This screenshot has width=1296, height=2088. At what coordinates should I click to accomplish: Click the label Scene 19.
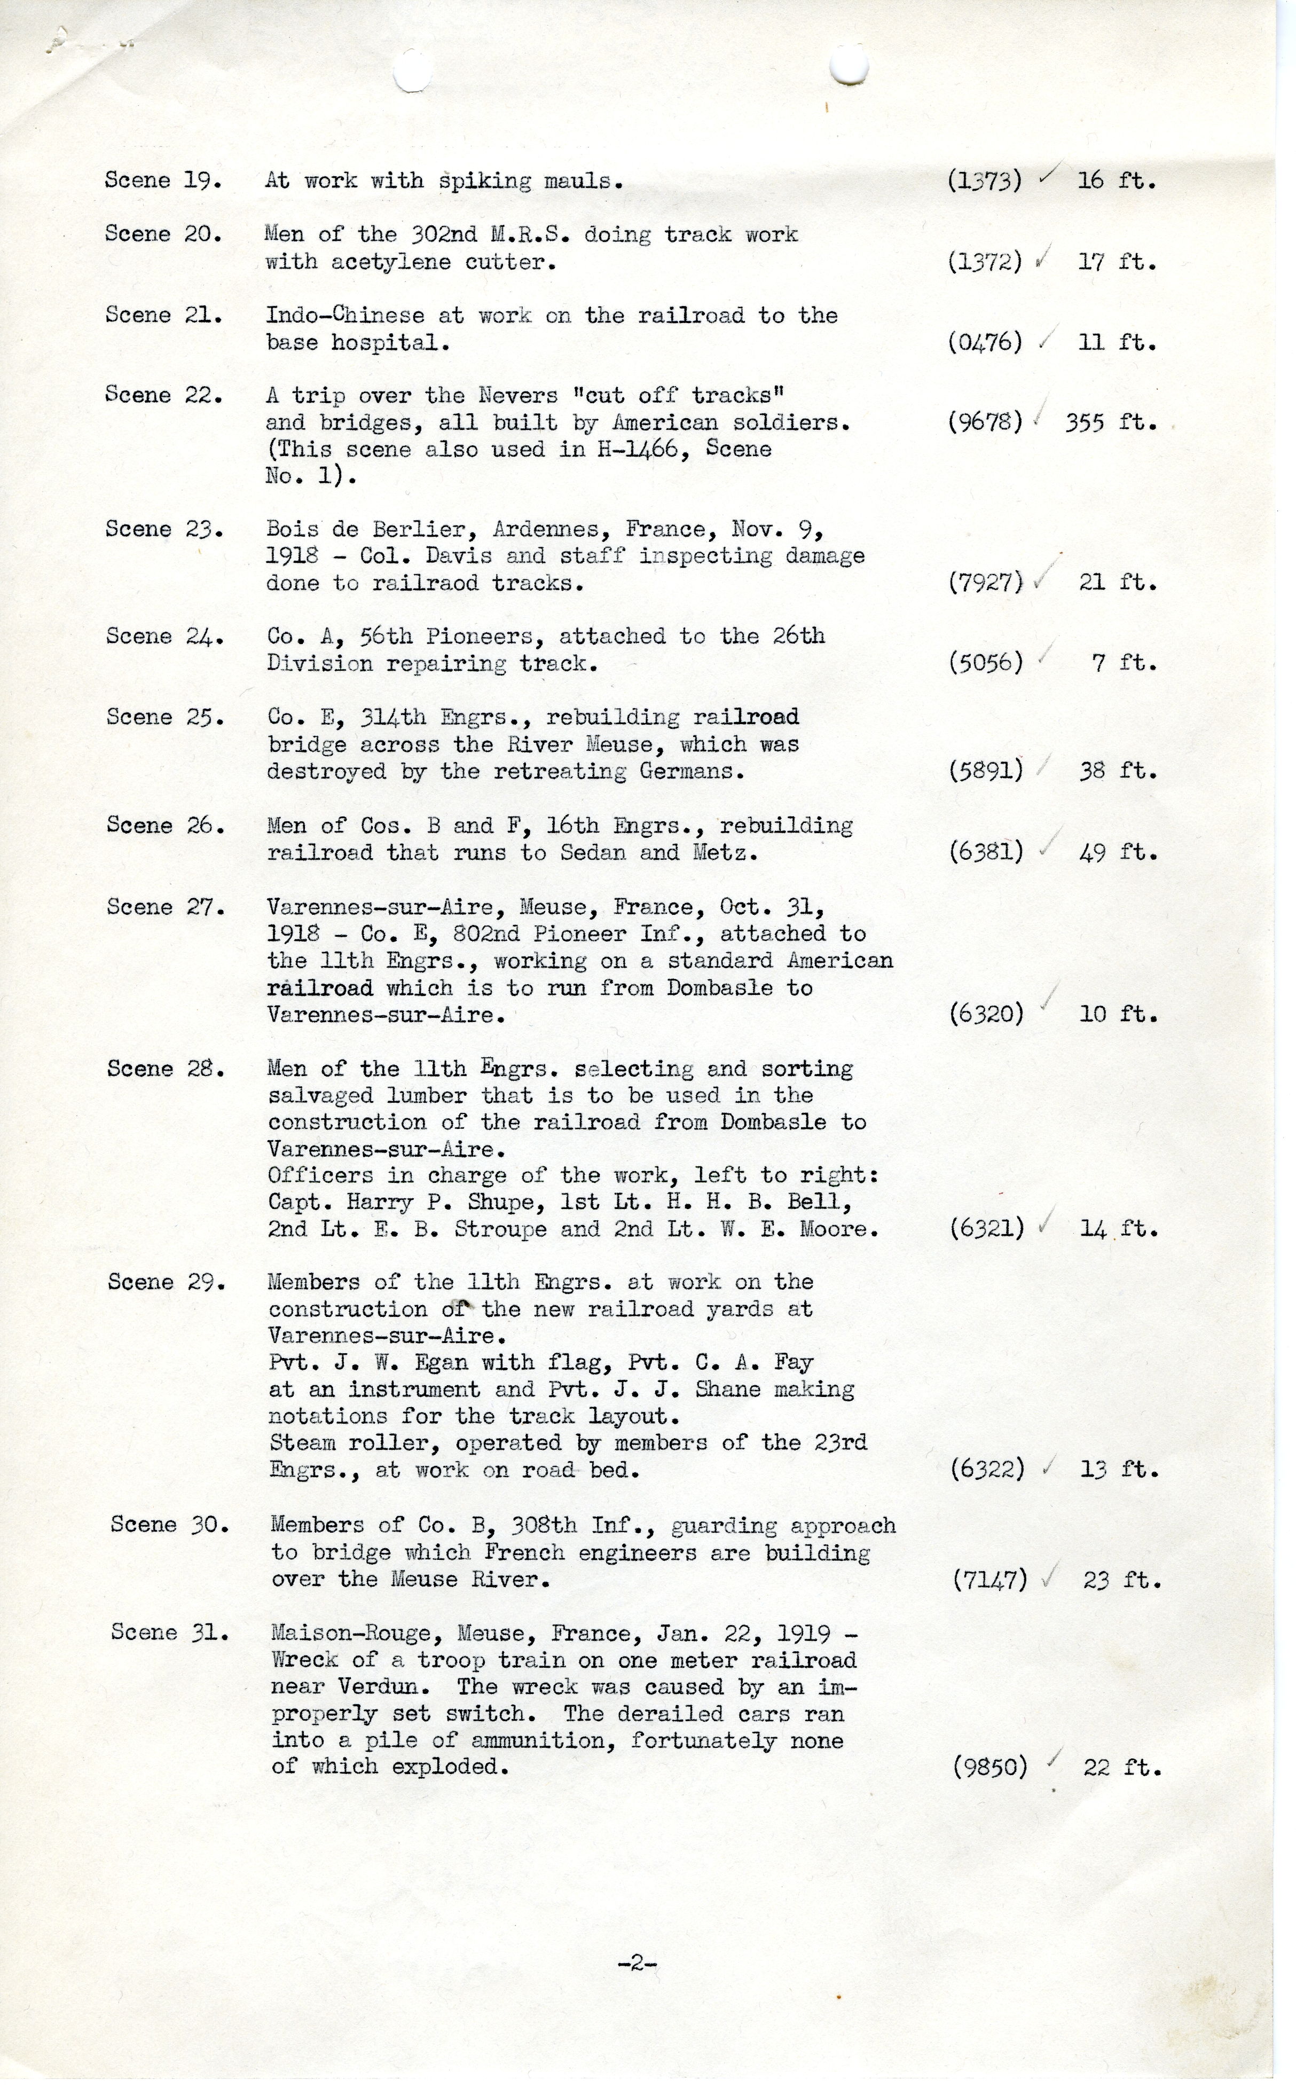[x=163, y=181]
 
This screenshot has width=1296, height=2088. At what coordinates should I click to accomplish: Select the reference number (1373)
[x=985, y=181]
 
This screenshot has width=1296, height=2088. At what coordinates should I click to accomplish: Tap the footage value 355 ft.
[x=1111, y=422]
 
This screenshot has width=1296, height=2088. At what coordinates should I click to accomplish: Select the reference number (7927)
[x=986, y=583]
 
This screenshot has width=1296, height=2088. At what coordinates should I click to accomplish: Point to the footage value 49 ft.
[x=1118, y=853]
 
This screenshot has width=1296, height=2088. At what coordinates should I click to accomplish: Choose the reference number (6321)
[x=987, y=1229]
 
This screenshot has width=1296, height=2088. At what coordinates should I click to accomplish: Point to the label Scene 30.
[x=169, y=1525]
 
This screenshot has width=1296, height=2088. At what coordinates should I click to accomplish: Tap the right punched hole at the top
[x=850, y=66]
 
